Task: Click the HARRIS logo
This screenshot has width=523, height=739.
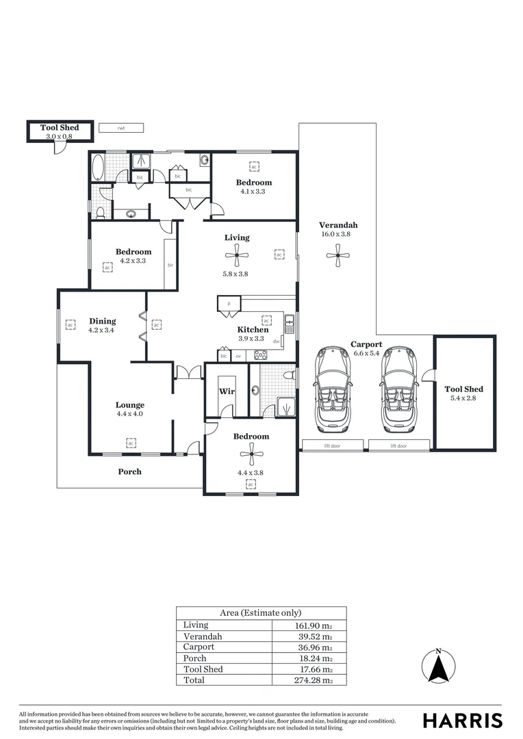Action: pos(462,721)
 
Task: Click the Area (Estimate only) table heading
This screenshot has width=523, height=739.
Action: pos(260,613)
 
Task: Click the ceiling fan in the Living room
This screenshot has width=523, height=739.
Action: pos(237,257)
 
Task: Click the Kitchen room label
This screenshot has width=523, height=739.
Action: pos(253,330)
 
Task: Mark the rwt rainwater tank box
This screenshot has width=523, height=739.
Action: pos(120,127)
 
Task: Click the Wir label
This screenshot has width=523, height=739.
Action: pos(227,392)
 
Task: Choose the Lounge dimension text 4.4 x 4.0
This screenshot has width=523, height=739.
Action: pos(129,413)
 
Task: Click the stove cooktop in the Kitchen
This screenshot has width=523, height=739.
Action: pos(261,355)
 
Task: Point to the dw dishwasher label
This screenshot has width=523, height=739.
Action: pos(276,341)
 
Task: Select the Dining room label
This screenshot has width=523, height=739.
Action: pos(103,321)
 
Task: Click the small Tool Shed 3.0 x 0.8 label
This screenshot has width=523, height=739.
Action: pos(59,128)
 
